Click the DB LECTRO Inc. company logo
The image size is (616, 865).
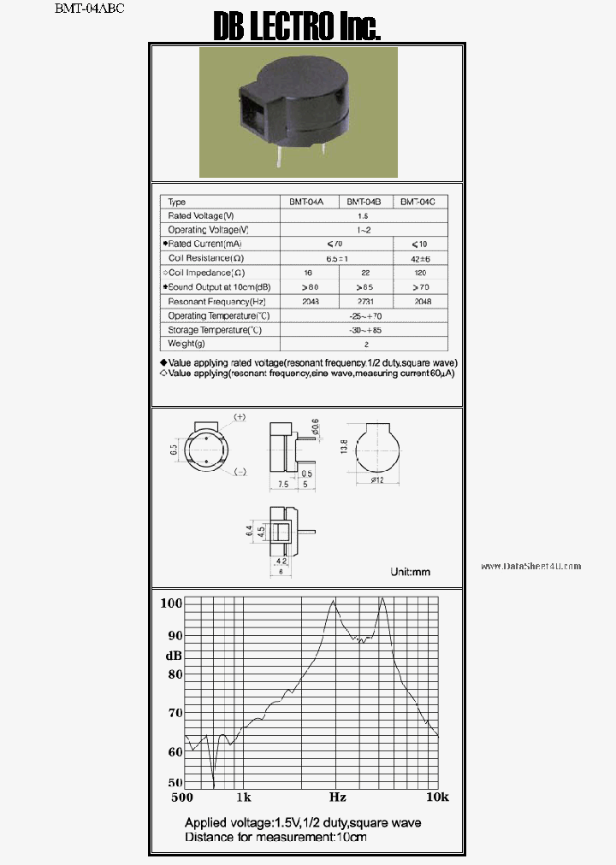tap(296, 27)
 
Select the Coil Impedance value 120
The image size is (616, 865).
tap(418, 273)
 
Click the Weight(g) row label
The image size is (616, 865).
tap(187, 344)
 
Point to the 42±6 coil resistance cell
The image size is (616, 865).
tap(418, 258)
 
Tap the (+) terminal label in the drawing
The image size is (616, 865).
tap(240, 417)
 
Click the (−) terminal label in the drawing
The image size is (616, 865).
tap(240, 472)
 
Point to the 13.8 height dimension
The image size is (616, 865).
tap(344, 447)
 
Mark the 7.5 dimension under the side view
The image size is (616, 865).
tap(281, 485)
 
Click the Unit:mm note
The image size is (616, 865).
tap(410, 571)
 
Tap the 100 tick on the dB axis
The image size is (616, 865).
tap(172, 603)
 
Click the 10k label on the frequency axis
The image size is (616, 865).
tap(437, 797)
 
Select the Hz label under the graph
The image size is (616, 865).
tap(337, 797)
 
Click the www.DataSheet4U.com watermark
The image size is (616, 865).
tap(530, 566)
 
